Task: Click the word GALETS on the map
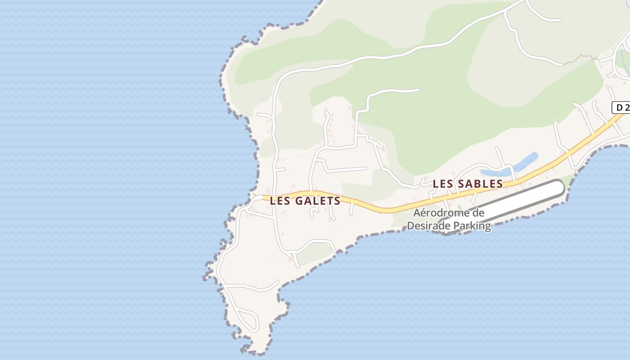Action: [x=318, y=201]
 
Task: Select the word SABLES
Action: [x=480, y=184]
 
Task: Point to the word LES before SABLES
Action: [x=442, y=184]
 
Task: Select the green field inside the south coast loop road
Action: [x=315, y=253]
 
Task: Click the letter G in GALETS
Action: [x=299, y=201]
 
